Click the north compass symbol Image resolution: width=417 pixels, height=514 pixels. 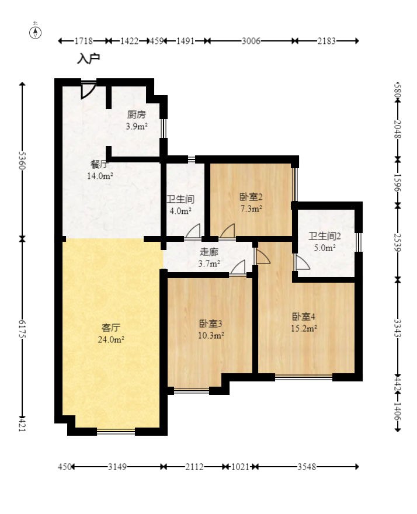point(36,32)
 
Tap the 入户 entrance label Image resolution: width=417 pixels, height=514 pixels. point(89,58)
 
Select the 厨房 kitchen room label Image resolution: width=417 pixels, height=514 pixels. point(137,115)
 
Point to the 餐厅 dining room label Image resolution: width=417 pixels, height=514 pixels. point(99,164)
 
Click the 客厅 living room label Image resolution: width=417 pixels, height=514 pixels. point(111,327)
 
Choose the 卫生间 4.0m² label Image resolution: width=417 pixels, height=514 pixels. point(180,199)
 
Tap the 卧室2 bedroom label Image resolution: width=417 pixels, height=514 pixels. point(251,197)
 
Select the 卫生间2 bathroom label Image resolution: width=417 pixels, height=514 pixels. point(325,236)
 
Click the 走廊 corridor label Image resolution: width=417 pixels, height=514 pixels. point(208,252)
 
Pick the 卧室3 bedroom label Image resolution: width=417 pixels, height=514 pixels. point(211,323)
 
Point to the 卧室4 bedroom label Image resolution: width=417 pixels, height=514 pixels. point(304,317)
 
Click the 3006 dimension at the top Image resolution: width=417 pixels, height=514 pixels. point(251,41)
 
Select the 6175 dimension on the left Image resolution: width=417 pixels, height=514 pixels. point(22,329)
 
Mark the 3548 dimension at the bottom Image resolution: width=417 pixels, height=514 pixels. point(307,467)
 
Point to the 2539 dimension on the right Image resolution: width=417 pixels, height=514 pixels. point(397,242)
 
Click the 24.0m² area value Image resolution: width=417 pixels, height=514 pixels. point(111,339)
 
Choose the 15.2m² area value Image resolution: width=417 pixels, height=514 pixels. point(304,328)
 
